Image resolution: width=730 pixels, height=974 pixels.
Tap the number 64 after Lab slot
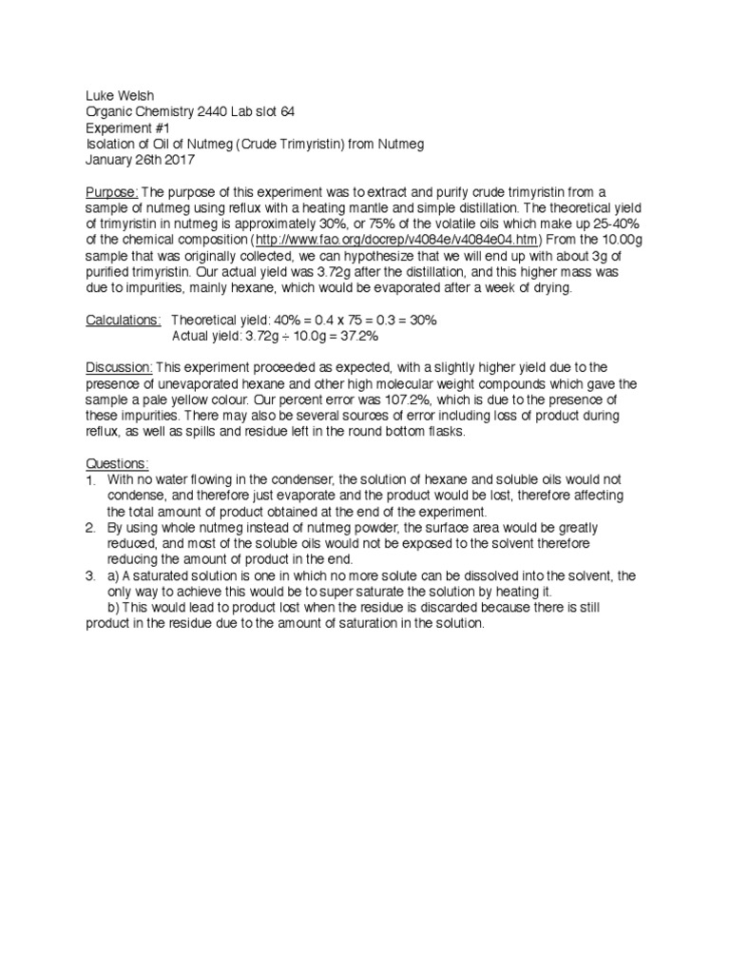click(x=285, y=111)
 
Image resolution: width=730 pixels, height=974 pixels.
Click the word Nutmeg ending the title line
click(x=399, y=144)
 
